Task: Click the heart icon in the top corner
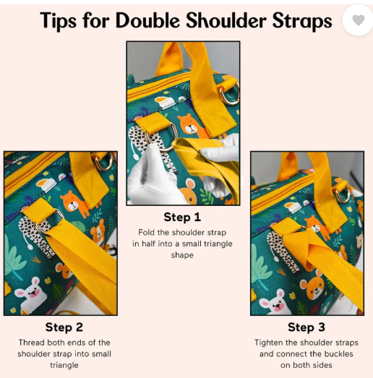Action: (x=358, y=20)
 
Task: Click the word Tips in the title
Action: (x=59, y=20)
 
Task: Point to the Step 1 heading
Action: (x=182, y=217)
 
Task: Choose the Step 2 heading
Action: (x=64, y=327)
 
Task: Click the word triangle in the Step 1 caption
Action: (x=214, y=244)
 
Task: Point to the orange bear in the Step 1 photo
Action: (x=188, y=125)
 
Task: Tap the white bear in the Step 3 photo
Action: (x=273, y=300)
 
